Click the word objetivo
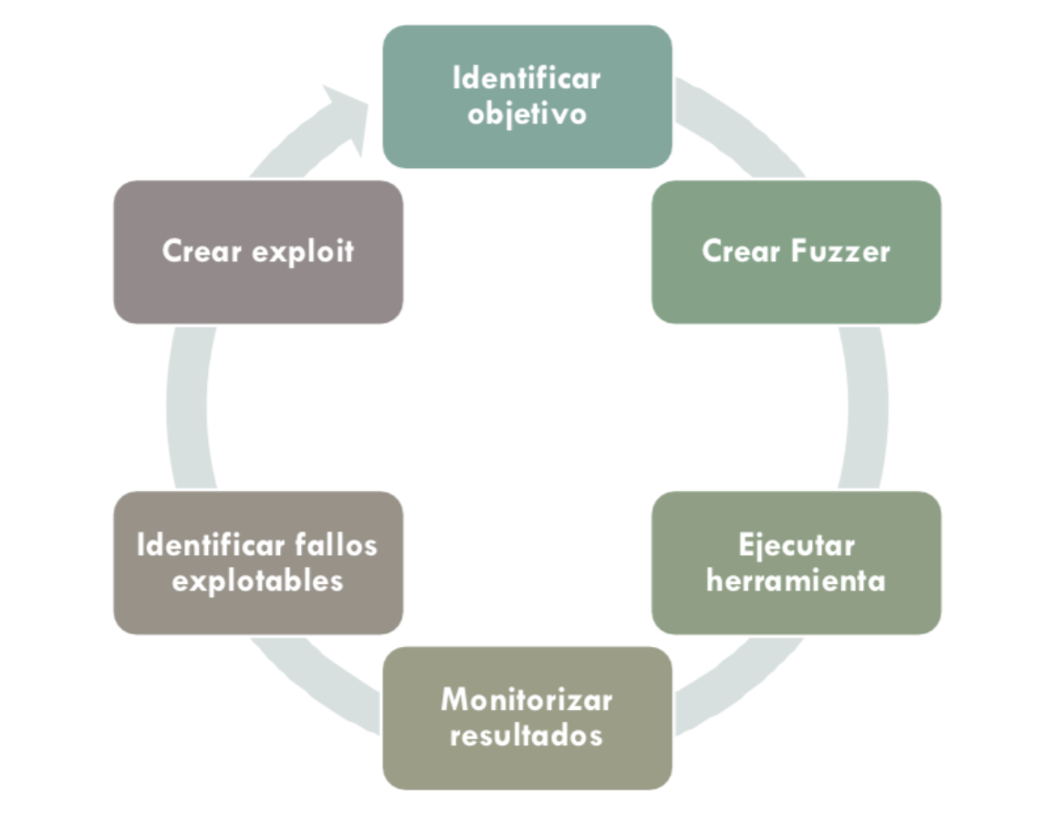coord(526,115)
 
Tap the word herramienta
coord(796,580)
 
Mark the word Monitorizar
coord(526,700)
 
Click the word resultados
coord(526,736)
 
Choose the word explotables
coord(257,580)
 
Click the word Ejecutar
coord(796,545)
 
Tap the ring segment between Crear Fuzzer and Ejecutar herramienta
coord(863,406)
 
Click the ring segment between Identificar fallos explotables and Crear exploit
coord(189,406)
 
